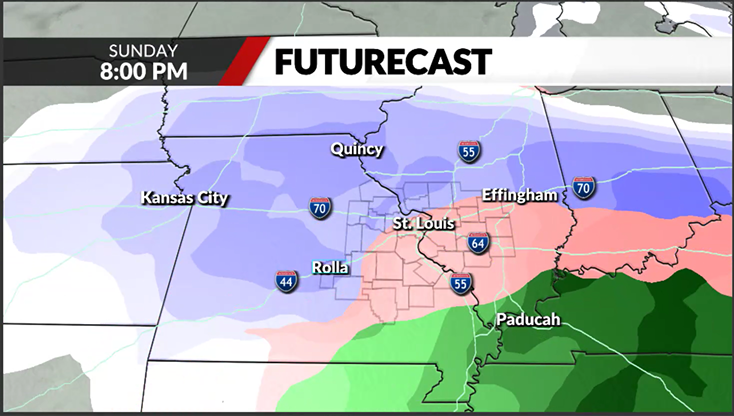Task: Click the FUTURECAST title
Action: [x=383, y=62]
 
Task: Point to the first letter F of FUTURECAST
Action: [x=283, y=62]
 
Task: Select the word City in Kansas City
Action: [x=211, y=197]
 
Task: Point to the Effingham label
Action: [x=518, y=195]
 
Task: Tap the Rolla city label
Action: [x=329, y=267]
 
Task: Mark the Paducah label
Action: [x=527, y=320]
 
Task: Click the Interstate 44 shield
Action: [x=287, y=280]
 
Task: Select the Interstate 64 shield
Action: [x=478, y=242]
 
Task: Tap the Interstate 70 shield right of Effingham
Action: [x=585, y=186]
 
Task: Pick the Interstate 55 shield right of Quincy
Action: [x=468, y=151]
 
